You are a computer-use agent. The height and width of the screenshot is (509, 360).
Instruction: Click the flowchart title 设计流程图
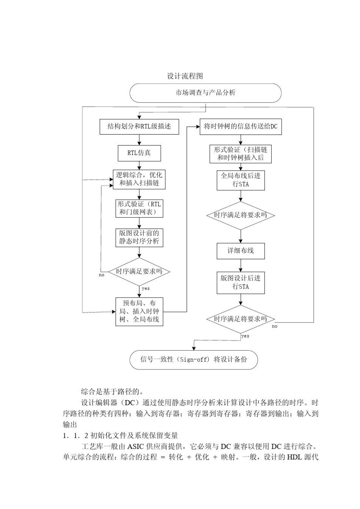click(x=185, y=76)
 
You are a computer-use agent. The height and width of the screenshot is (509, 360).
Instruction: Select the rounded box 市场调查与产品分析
click(x=205, y=93)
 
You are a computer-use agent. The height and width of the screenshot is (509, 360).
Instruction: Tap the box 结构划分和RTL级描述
click(x=139, y=127)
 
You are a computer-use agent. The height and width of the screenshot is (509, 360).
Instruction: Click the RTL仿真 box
click(x=139, y=153)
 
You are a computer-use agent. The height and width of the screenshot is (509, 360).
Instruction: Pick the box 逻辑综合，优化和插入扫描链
click(x=139, y=179)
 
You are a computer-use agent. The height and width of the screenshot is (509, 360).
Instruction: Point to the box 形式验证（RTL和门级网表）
click(x=139, y=208)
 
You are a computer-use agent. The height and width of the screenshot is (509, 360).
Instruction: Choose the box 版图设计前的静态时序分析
click(x=139, y=237)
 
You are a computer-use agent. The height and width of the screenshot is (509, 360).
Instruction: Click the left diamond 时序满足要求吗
click(x=139, y=271)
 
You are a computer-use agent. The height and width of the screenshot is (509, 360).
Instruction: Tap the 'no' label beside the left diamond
click(x=102, y=275)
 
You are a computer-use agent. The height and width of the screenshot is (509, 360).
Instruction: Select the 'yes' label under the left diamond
click(x=146, y=288)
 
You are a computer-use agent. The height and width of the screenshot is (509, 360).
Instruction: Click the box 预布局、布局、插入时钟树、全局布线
click(x=139, y=311)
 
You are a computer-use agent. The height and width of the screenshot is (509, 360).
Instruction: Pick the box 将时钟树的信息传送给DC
click(x=241, y=127)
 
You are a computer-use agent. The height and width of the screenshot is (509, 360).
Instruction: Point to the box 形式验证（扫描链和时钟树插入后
click(x=241, y=154)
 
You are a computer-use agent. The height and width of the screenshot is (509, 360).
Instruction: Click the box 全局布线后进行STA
click(x=241, y=180)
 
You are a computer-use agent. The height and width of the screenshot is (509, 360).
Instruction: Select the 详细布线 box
click(x=241, y=251)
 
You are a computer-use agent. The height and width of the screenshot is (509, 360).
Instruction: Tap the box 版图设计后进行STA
click(x=241, y=282)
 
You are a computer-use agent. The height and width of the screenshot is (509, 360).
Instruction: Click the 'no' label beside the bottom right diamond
click(x=275, y=326)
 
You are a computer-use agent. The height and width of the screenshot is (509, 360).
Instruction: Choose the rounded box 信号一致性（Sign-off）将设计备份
click(x=194, y=359)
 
